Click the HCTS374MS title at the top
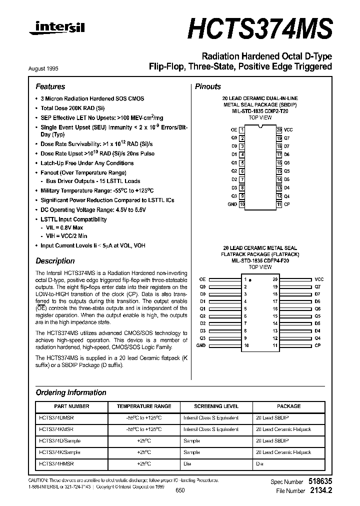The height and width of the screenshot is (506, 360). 259,29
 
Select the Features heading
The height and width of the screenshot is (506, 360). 50,86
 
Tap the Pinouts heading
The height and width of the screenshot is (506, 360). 207,86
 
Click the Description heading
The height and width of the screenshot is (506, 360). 55,261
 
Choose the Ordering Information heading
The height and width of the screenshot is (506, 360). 71,392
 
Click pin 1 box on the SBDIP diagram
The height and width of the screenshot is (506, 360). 242,129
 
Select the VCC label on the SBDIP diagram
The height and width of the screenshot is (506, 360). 288,129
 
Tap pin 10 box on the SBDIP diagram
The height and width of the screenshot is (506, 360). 242,204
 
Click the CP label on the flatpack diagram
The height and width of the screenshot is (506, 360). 317,345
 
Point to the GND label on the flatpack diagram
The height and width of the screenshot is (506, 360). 201,345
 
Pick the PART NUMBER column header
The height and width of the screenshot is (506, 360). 71,406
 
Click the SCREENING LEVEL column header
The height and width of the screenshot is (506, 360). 216,406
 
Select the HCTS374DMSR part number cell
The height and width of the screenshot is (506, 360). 56,417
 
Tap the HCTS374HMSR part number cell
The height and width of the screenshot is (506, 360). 56,463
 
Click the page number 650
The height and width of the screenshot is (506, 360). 180,490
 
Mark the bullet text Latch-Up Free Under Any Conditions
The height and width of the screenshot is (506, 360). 87,163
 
